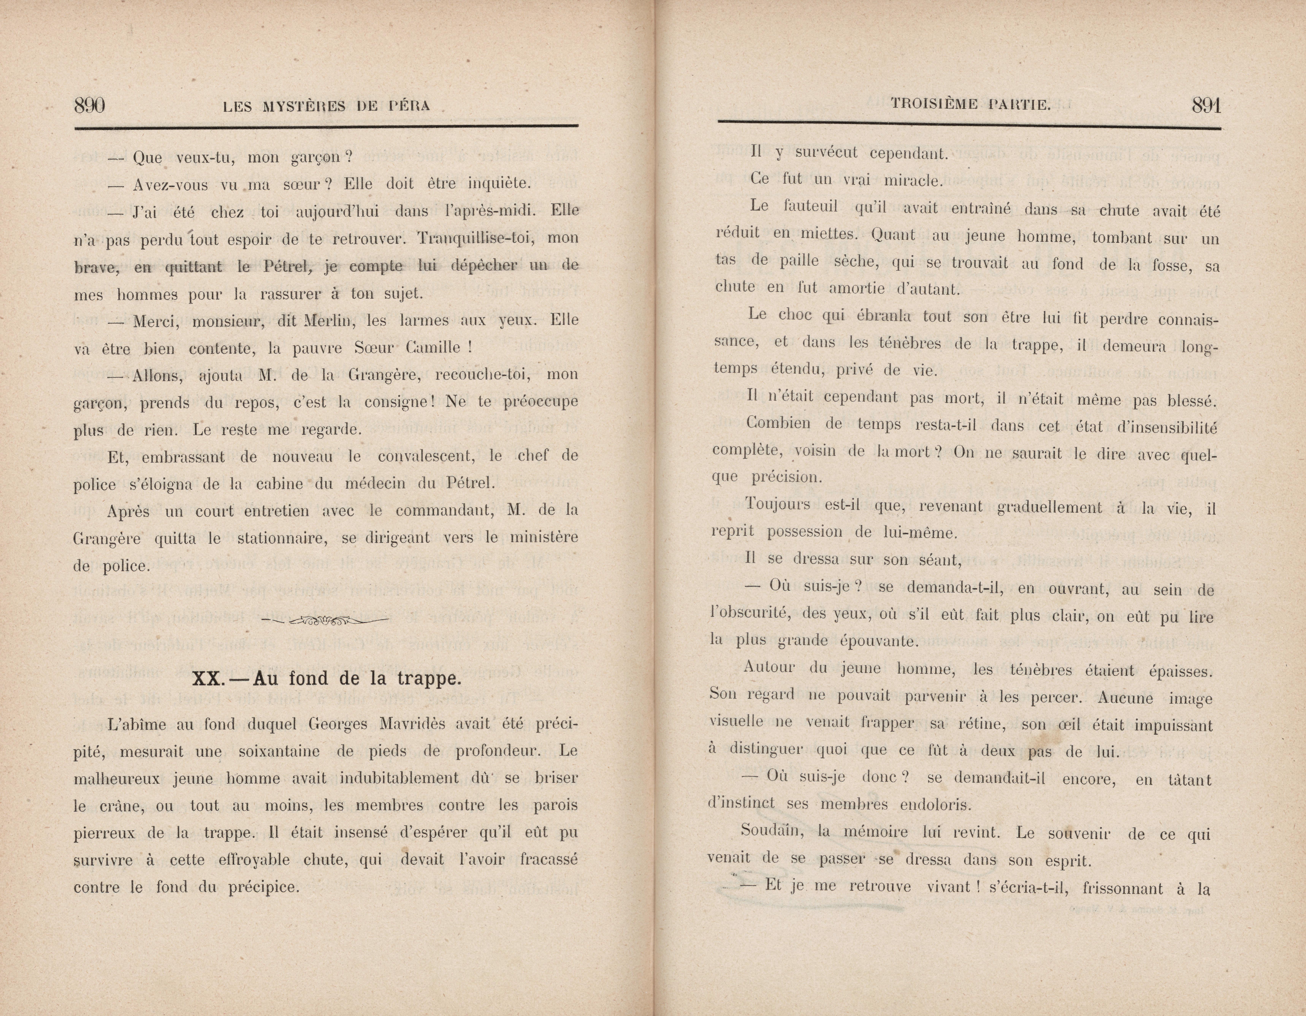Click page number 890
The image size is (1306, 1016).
pos(90,106)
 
